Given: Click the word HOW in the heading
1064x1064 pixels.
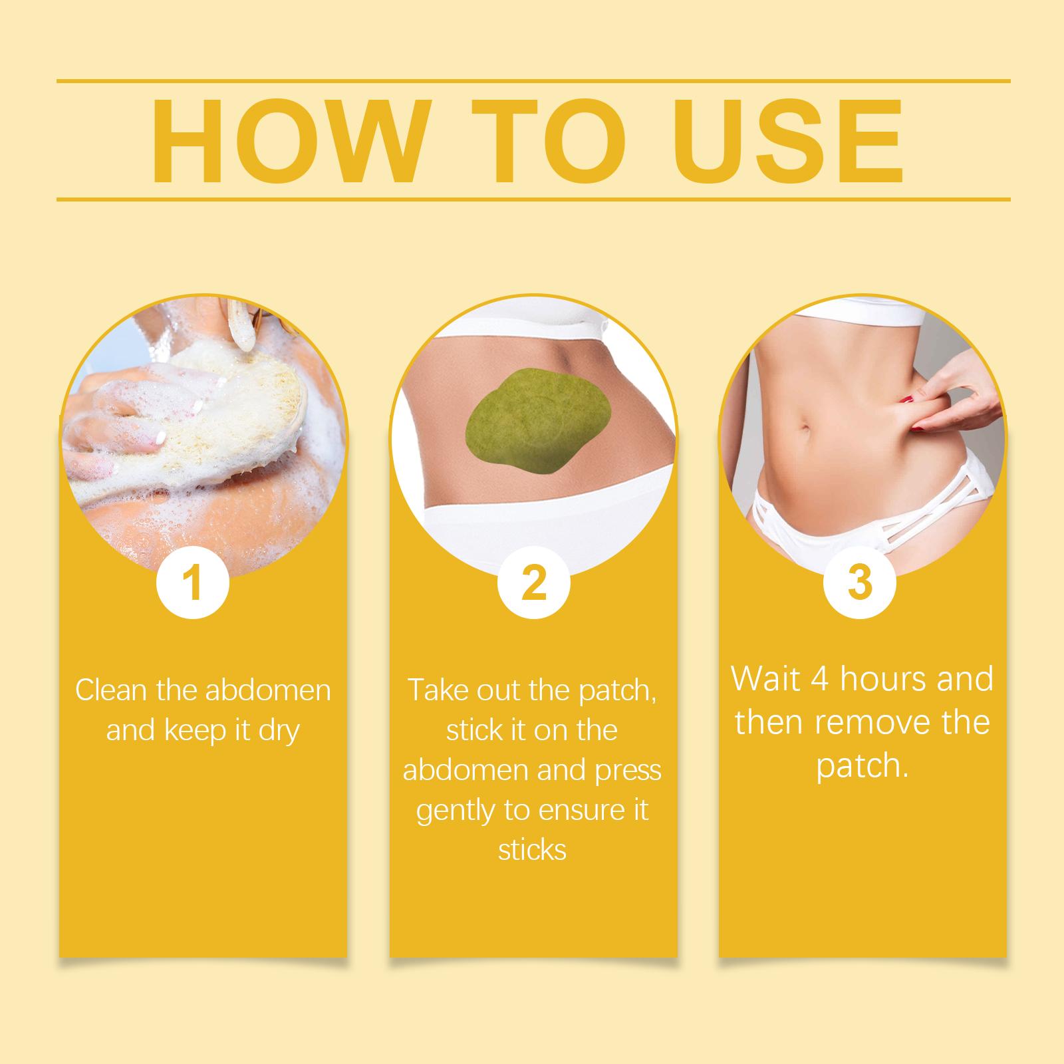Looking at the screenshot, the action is coord(287,141).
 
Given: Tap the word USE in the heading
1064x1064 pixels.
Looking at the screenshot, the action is coord(783,141).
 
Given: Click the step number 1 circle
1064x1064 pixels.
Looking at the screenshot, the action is coord(192,584).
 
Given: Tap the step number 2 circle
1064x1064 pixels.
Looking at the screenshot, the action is coord(534,584).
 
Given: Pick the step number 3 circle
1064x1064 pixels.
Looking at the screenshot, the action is coord(860,583).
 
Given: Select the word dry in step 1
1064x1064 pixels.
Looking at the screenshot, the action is coord(274,732).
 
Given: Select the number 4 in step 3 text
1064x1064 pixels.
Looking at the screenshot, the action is coord(819,679).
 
